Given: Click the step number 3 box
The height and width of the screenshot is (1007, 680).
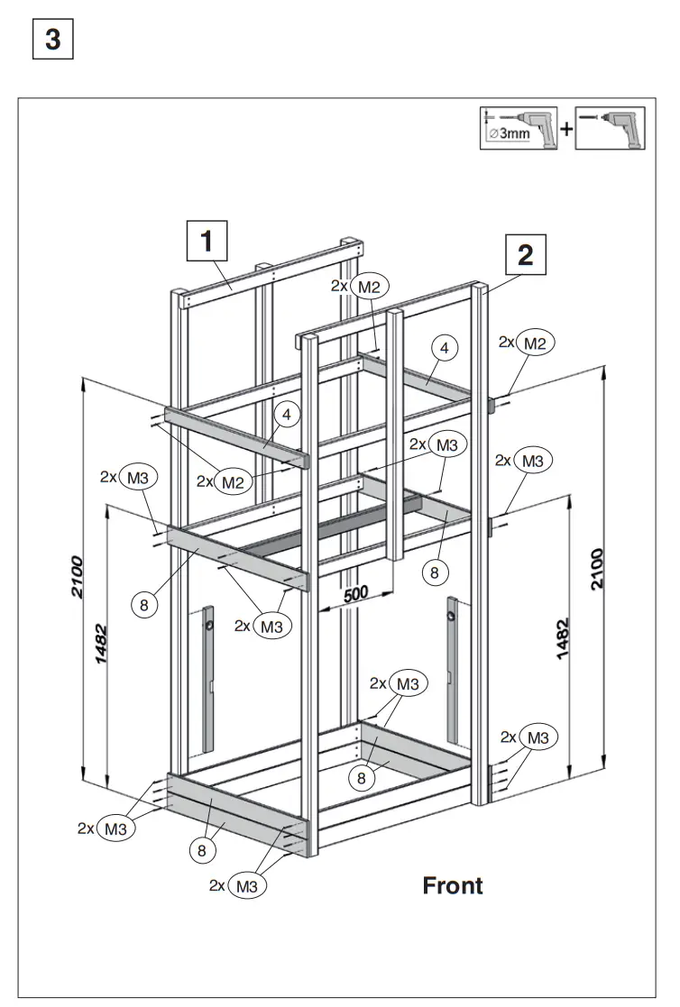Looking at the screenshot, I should [x=52, y=41].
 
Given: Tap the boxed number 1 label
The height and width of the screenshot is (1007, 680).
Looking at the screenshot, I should [x=207, y=242].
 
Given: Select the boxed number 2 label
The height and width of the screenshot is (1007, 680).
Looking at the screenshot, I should [x=526, y=255].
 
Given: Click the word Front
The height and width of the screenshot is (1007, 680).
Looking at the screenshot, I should [x=453, y=885].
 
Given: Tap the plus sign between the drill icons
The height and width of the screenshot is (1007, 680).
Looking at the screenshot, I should [x=566, y=128].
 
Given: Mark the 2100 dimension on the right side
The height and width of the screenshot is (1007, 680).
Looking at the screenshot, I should [x=597, y=568].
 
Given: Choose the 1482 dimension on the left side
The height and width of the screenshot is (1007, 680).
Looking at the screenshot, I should [x=102, y=644].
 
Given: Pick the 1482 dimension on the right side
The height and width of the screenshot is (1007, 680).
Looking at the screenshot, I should [x=564, y=638].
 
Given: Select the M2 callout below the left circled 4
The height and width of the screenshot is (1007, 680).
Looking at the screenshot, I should [x=233, y=481].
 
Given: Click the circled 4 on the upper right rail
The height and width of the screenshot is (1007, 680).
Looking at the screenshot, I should [x=444, y=346].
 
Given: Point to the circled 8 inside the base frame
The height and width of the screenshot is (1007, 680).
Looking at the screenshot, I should [x=363, y=777].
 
